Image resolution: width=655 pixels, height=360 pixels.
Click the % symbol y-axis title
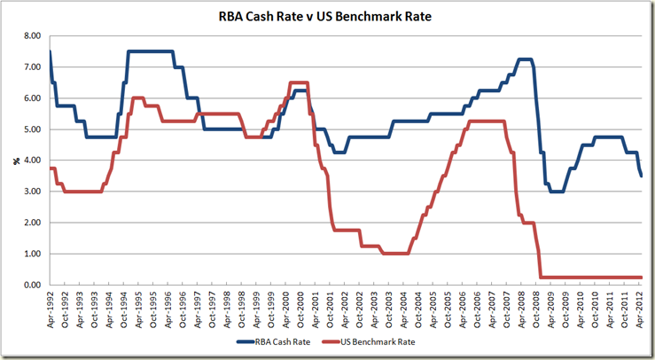point(14,160)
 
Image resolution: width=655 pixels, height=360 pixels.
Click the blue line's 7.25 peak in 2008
point(523,59)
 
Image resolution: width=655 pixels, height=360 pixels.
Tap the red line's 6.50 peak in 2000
point(299,82)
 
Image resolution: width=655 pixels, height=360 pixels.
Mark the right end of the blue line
point(641,176)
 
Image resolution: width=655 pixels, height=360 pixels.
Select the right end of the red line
point(641,277)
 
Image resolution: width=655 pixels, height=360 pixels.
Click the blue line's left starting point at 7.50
point(50,51)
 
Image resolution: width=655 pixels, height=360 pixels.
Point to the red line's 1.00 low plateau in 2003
point(394,254)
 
